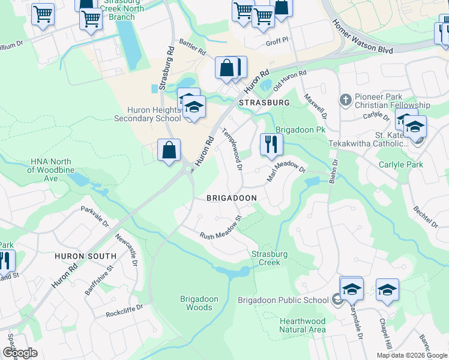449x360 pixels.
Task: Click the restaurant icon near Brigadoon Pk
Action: click(271, 145)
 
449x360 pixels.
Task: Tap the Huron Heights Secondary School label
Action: click(147, 114)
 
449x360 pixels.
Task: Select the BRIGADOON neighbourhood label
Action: click(232, 197)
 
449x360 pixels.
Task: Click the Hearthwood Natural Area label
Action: click(303, 325)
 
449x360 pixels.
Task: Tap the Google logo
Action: click(20, 353)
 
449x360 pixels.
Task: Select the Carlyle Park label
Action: click(400, 164)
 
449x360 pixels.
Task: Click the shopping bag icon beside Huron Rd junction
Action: click(169, 150)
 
